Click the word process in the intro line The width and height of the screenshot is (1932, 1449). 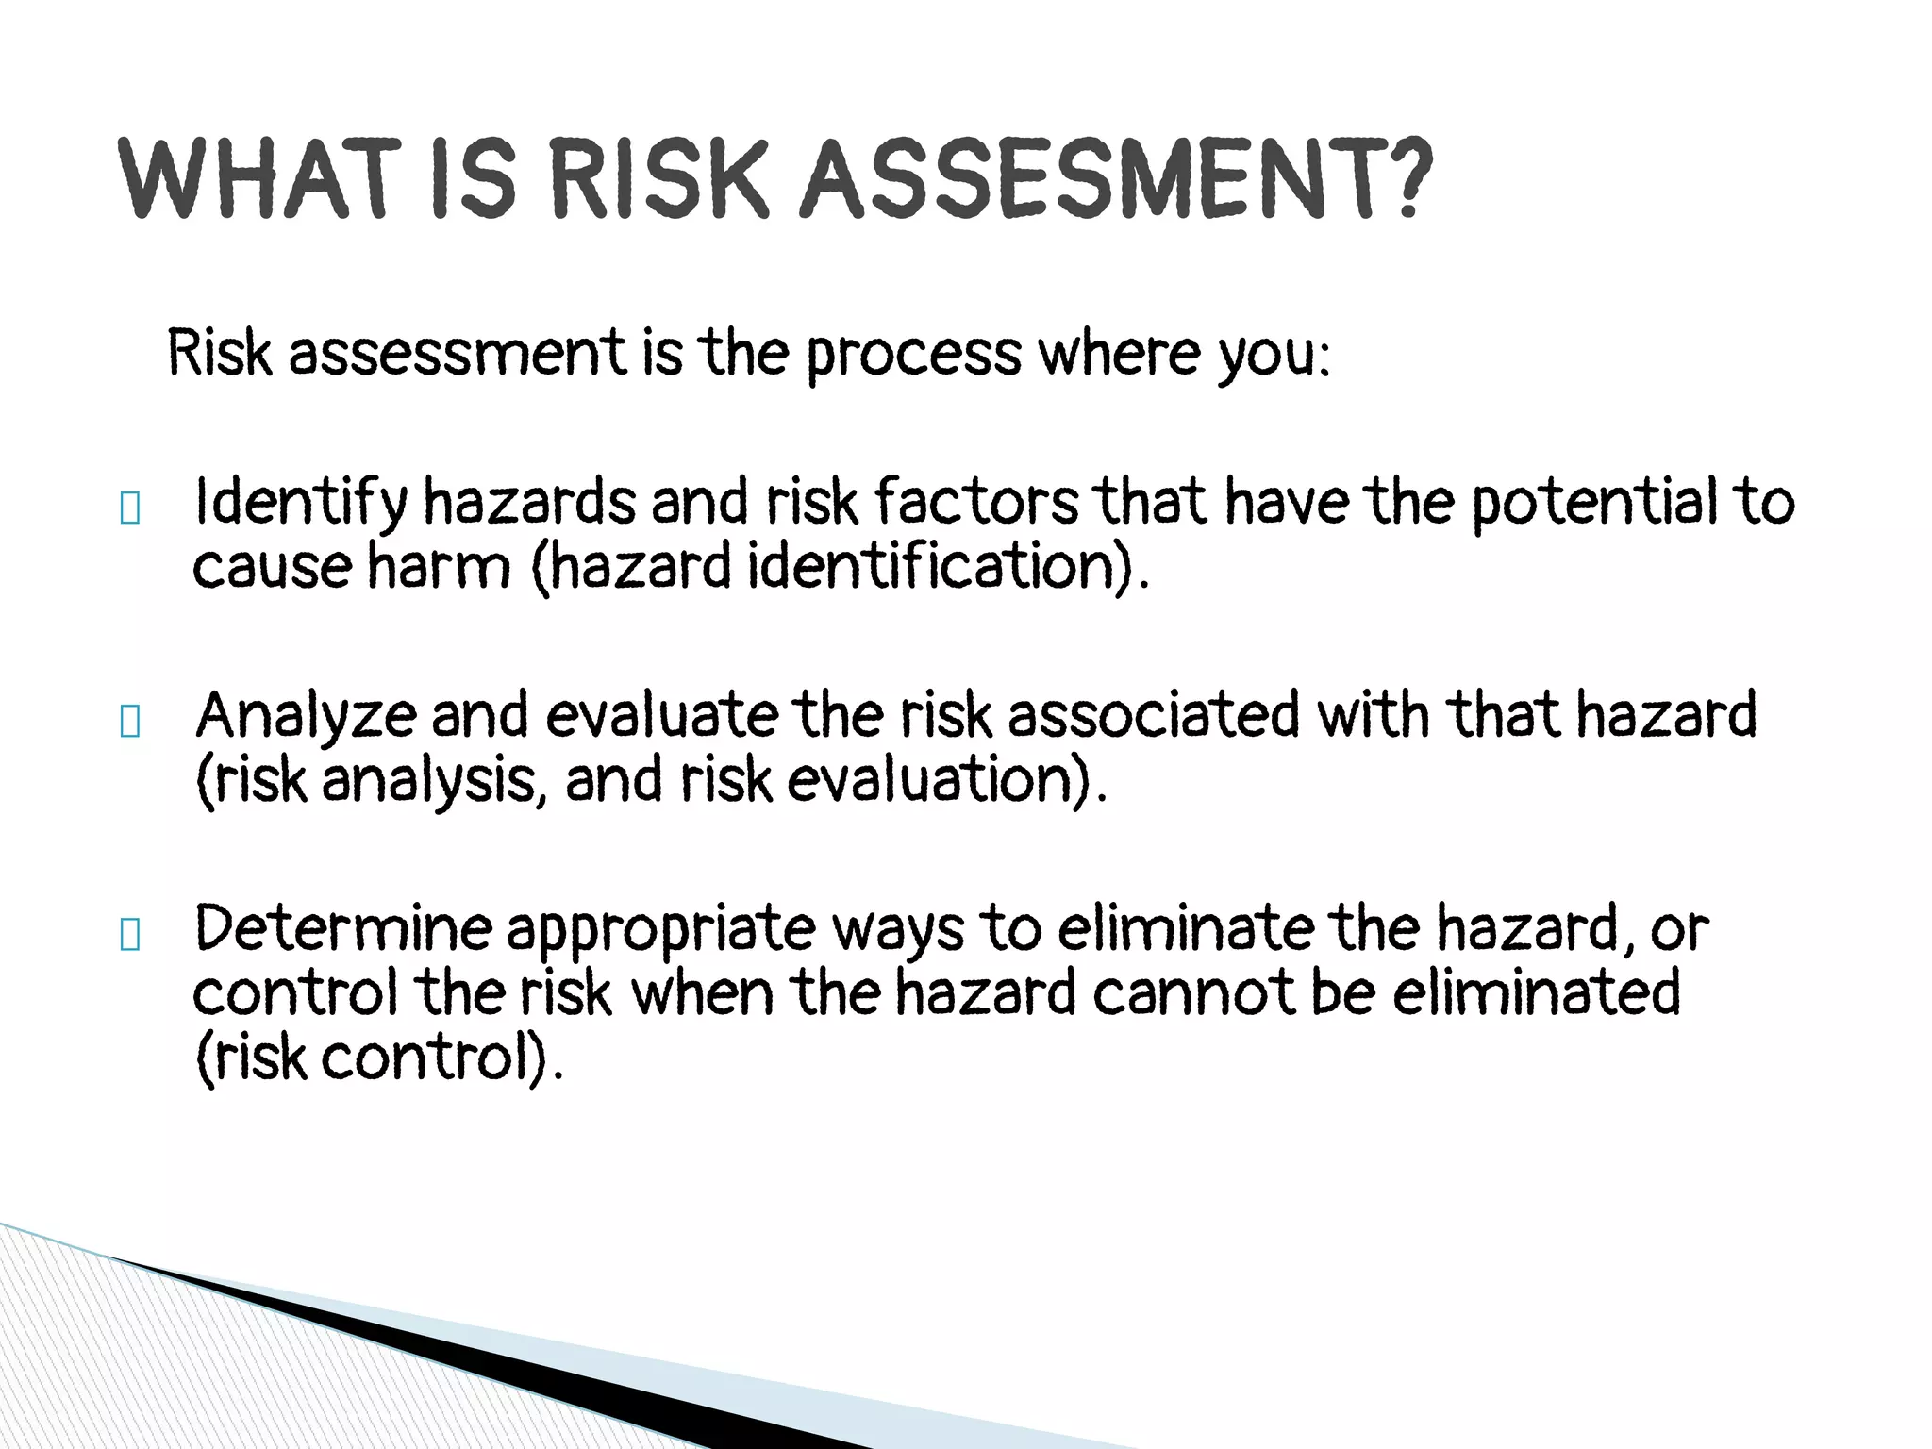(913, 355)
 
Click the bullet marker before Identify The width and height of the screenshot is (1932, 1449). (130, 509)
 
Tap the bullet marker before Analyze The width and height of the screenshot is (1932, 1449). (130, 723)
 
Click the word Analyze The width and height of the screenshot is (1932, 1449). (305, 715)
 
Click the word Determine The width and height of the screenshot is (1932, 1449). (341, 928)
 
